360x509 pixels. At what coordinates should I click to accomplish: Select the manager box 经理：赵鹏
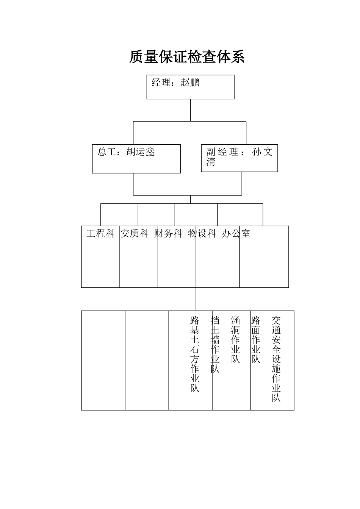[190, 87]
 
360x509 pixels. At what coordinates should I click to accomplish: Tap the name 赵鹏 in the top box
[190, 83]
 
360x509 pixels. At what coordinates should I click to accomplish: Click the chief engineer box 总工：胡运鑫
[136, 159]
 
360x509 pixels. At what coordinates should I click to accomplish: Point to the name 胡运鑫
[141, 152]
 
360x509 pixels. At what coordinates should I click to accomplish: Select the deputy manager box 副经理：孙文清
[239, 158]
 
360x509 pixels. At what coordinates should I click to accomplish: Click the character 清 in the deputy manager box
[211, 162]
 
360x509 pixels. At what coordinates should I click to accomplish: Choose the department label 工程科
[100, 233]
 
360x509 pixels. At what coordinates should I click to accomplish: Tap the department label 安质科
[135, 233]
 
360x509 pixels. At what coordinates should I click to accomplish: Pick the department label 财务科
[169, 233]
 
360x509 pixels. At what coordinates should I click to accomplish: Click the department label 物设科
[202, 233]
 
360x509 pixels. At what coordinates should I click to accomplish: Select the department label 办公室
[236, 233]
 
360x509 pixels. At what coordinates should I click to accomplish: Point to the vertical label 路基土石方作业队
[195, 354]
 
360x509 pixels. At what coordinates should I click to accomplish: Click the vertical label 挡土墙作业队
[215, 344]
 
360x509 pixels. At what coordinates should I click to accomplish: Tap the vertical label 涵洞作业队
[235, 340]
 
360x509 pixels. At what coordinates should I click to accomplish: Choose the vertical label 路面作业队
[256, 340]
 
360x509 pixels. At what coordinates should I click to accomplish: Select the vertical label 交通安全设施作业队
[276, 359]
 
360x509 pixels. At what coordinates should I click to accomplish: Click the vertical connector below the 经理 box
[190, 110]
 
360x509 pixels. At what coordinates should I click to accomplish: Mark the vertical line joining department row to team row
[196, 299]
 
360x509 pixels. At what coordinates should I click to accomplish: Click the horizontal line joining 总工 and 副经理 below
[188, 195]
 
